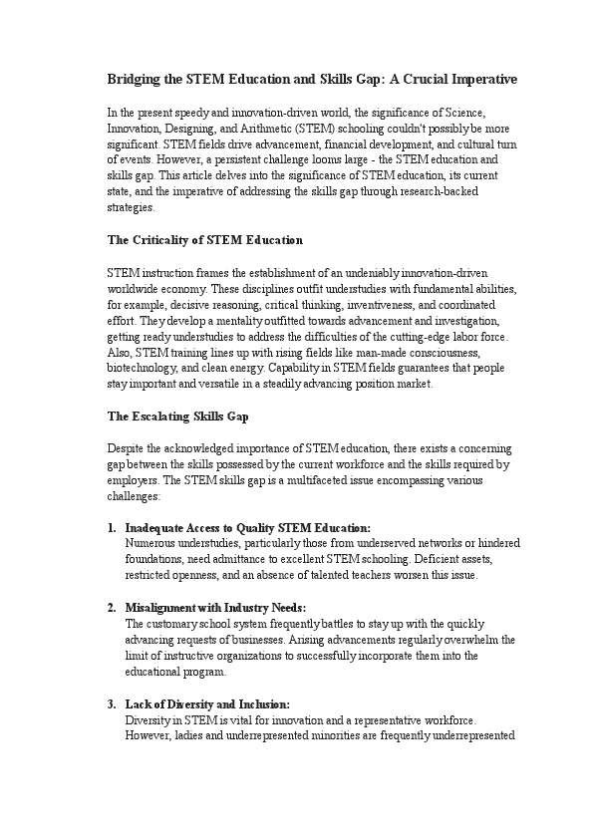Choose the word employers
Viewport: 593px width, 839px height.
[x=131, y=479]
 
